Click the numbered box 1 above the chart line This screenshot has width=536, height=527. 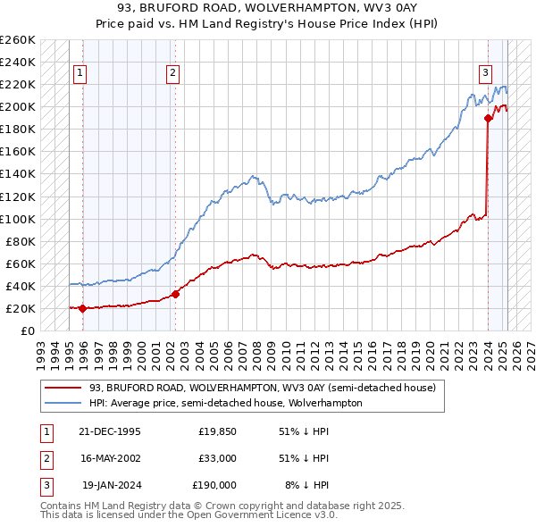(x=80, y=73)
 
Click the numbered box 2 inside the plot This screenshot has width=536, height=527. (x=172, y=73)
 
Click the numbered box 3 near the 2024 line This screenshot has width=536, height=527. (x=485, y=73)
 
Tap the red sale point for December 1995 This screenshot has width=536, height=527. (x=83, y=309)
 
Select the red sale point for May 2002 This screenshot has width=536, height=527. (x=176, y=294)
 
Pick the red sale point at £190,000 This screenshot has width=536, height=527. (x=489, y=117)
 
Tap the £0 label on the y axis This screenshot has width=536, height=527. (x=29, y=330)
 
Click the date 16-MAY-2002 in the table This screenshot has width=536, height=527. (x=111, y=458)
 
